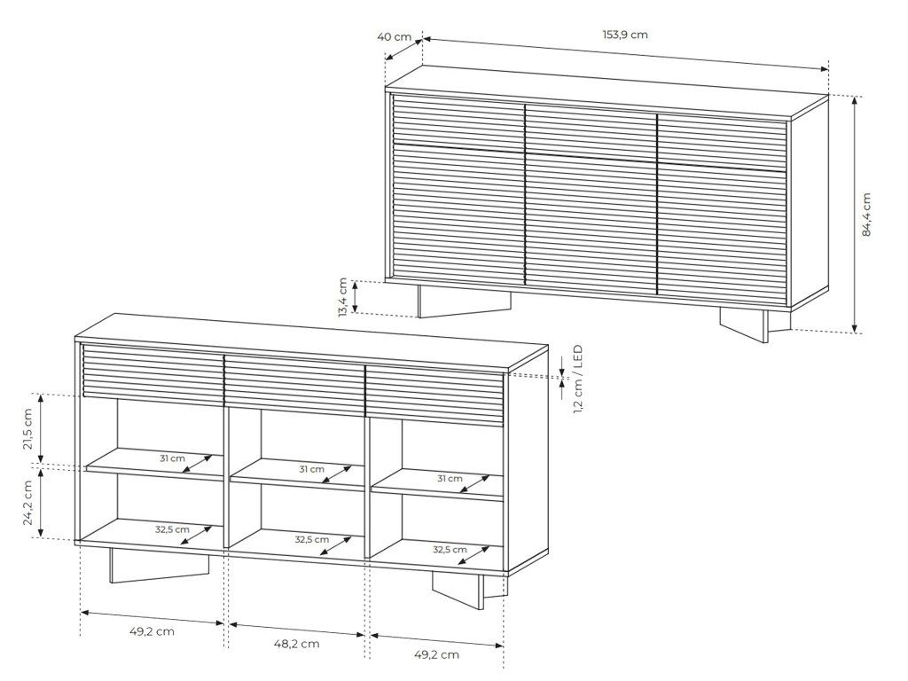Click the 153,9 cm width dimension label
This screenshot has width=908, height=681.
(625, 35)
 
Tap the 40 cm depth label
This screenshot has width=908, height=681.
(395, 37)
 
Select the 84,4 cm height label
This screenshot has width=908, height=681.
(866, 215)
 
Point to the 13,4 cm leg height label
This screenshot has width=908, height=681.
(343, 297)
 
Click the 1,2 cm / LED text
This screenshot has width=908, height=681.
(578, 380)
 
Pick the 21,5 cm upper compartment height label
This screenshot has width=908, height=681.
(27, 428)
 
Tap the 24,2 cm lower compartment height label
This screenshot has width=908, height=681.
(27, 503)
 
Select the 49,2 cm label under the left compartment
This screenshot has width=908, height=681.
(153, 631)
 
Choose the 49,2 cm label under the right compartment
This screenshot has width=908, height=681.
(437, 654)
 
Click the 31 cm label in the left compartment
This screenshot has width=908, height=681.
(173, 458)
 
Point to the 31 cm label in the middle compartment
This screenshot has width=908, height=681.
(311, 469)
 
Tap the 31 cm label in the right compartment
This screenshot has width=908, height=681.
(450, 478)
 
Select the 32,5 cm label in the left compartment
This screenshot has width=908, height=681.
(173, 529)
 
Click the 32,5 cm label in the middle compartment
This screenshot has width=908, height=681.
(312, 539)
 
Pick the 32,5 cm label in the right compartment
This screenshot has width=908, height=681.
(450, 549)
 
